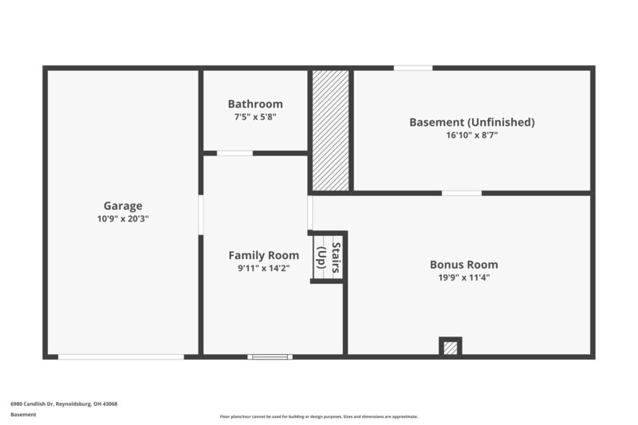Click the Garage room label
123,205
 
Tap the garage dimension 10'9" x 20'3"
123,218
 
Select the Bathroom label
255,104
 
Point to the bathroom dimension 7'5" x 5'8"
255,116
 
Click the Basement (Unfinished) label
471,122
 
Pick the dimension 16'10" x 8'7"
471,135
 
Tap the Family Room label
264,255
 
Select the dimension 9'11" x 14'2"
264,268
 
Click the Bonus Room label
463,264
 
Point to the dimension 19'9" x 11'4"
463,277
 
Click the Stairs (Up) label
328,258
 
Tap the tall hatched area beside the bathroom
330,130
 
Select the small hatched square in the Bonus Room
451,348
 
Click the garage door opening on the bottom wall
121,356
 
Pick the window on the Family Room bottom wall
270,356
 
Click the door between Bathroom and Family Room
234,152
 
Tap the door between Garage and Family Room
200,214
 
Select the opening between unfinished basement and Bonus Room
462,192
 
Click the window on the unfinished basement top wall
413,68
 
